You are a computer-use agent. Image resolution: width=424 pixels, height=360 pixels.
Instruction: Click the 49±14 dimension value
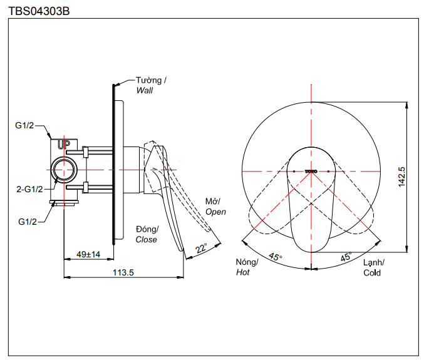click(88, 254)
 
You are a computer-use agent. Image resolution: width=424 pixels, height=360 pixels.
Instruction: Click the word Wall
click(145, 90)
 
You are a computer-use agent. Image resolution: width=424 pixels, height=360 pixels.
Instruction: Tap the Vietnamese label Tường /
click(152, 80)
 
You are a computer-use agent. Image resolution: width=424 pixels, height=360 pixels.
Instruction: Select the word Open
click(215, 212)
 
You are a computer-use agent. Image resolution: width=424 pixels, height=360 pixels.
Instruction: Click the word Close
click(147, 240)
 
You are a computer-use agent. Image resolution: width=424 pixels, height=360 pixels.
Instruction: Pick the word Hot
click(243, 272)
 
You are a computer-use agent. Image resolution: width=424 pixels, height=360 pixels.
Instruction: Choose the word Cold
click(372, 272)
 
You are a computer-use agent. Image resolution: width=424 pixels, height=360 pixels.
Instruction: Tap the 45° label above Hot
click(276, 257)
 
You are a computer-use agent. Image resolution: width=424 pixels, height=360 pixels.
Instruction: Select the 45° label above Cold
click(346, 257)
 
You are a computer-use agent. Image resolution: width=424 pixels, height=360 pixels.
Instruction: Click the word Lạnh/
click(374, 262)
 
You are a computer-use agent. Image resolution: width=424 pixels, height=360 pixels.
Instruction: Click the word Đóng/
click(148, 229)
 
